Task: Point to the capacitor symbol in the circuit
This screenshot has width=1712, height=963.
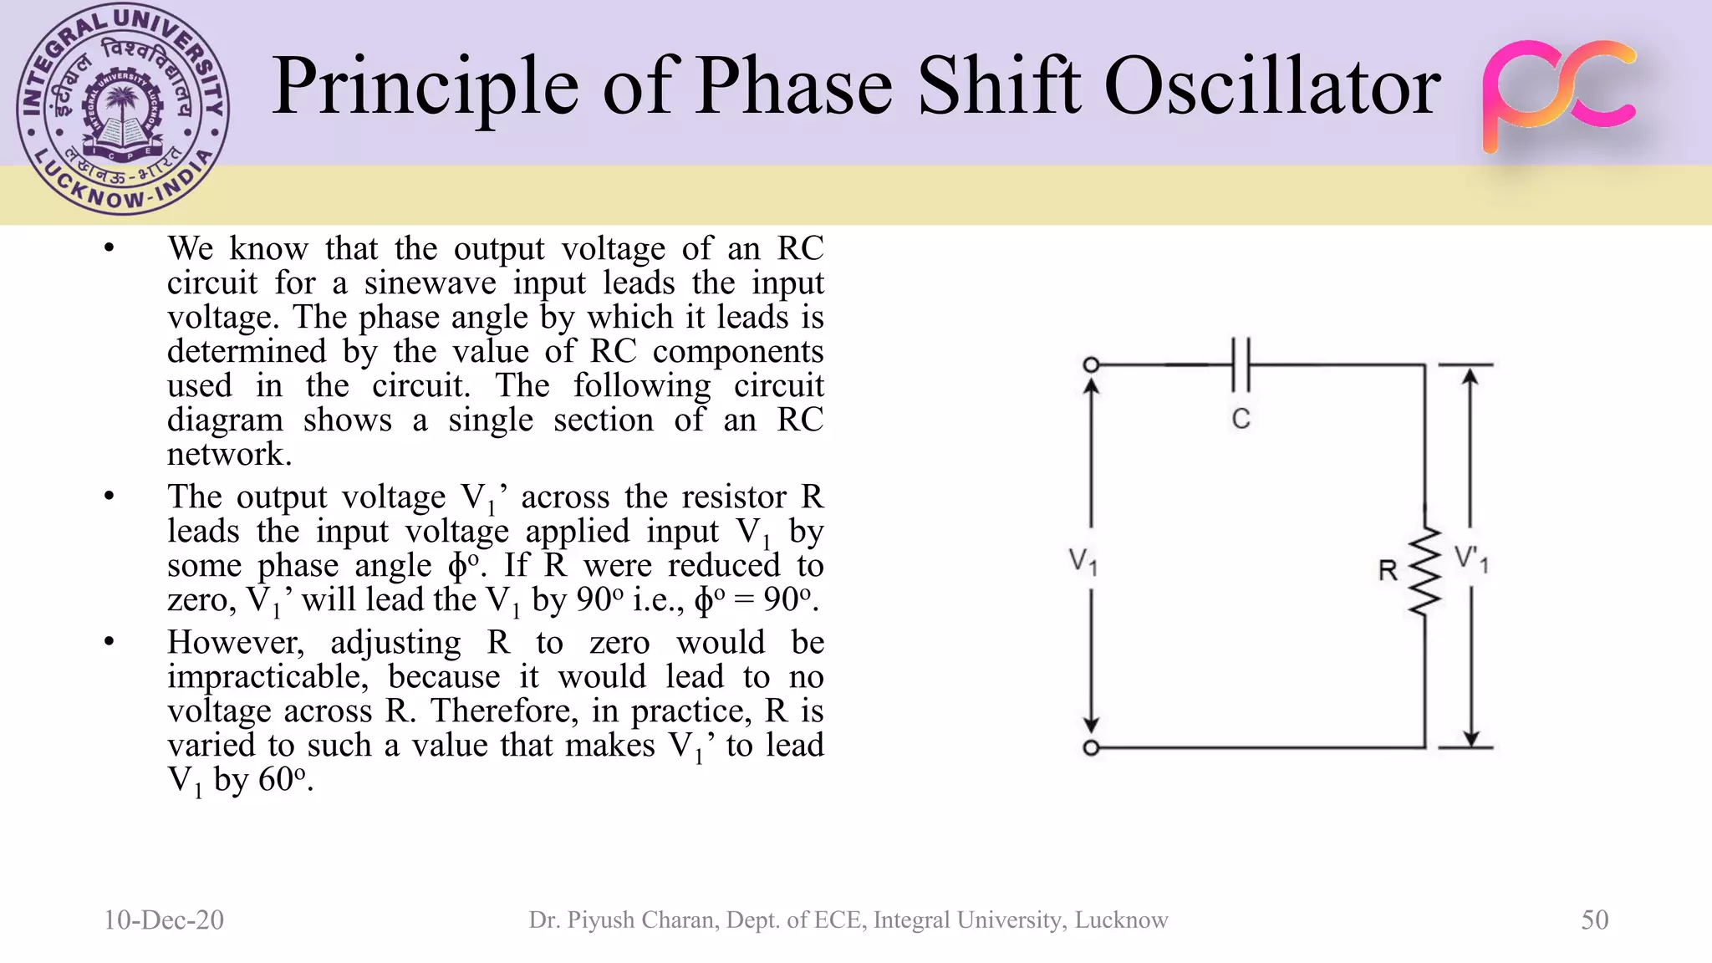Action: pyautogui.click(x=1241, y=365)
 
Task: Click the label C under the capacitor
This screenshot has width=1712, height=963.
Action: pyautogui.click(x=1241, y=419)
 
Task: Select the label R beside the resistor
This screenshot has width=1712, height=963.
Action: pyautogui.click(x=1388, y=571)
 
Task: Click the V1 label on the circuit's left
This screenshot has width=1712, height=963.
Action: pyautogui.click(x=1083, y=561)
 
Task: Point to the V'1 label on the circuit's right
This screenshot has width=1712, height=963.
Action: pyautogui.click(x=1471, y=559)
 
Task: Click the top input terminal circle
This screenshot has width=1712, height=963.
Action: pyautogui.click(x=1091, y=364)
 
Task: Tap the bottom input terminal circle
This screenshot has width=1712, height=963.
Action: pyautogui.click(x=1091, y=748)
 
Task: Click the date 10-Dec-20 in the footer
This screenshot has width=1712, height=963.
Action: pyautogui.click(x=164, y=920)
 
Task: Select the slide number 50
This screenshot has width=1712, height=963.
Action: pyautogui.click(x=1594, y=920)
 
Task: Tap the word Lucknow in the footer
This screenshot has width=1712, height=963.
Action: pyautogui.click(x=1121, y=920)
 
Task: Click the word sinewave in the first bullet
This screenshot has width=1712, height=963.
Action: pyautogui.click(x=430, y=283)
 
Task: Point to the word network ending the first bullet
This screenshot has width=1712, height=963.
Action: pyautogui.click(x=228, y=455)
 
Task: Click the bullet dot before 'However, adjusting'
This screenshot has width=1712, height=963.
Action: pyautogui.click(x=109, y=642)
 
